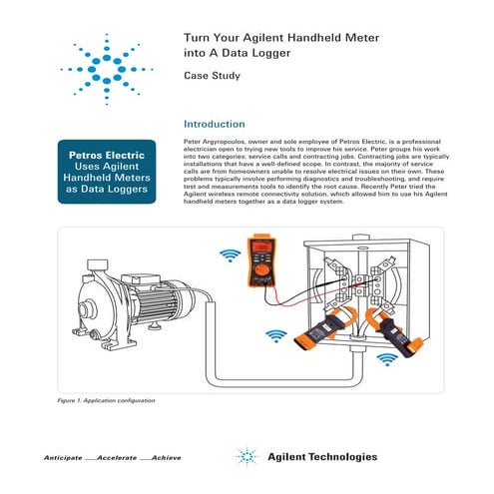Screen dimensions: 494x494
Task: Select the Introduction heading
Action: tap(216, 125)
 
